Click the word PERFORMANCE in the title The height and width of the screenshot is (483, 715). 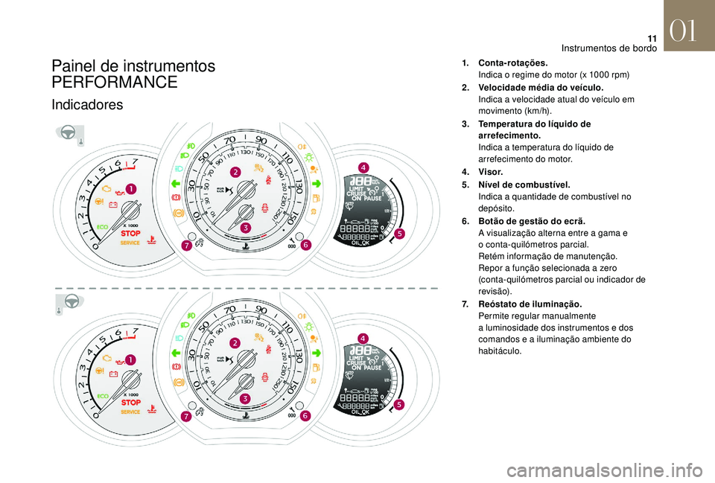tap(115, 82)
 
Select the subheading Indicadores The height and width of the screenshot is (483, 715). tap(87, 105)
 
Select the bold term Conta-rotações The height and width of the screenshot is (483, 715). tap(513, 63)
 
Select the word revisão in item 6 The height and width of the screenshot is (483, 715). tap(495, 292)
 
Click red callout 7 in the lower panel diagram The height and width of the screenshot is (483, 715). tap(185, 418)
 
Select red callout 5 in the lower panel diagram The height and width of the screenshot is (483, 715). tap(399, 405)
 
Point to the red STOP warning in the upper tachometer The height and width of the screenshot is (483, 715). tap(130, 233)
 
